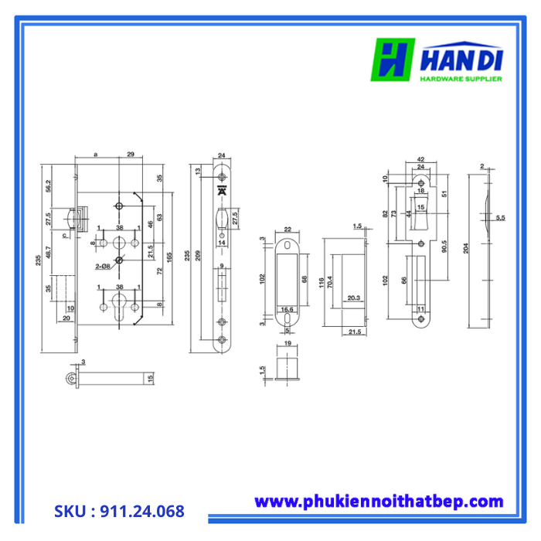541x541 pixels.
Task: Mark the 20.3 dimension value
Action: click(x=352, y=298)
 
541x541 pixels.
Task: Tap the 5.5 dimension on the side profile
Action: click(x=501, y=219)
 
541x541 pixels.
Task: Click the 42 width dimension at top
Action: click(x=421, y=160)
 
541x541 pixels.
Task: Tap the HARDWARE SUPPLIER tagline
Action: click(x=461, y=78)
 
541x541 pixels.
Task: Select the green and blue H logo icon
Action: click(x=393, y=60)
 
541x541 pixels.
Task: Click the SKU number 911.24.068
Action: click(x=119, y=512)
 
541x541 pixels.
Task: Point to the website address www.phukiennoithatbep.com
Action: click(x=379, y=502)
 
